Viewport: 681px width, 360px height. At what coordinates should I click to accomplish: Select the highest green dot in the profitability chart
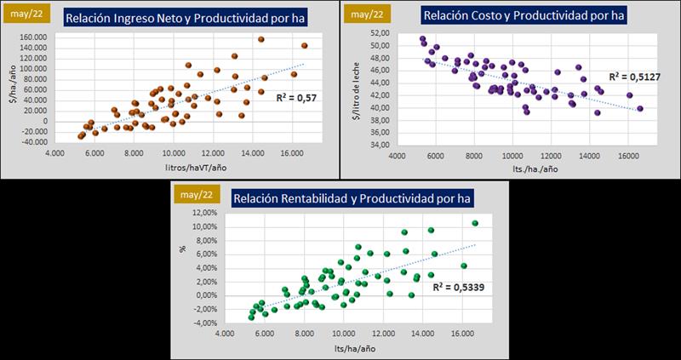pyautogui.click(x=475, y=223)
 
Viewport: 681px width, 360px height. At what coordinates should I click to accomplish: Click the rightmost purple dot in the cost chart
pyautogui.click(x=640, y=109)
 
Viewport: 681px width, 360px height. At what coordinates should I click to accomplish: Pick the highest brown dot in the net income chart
pyautogui.click(x=260, y=39)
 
